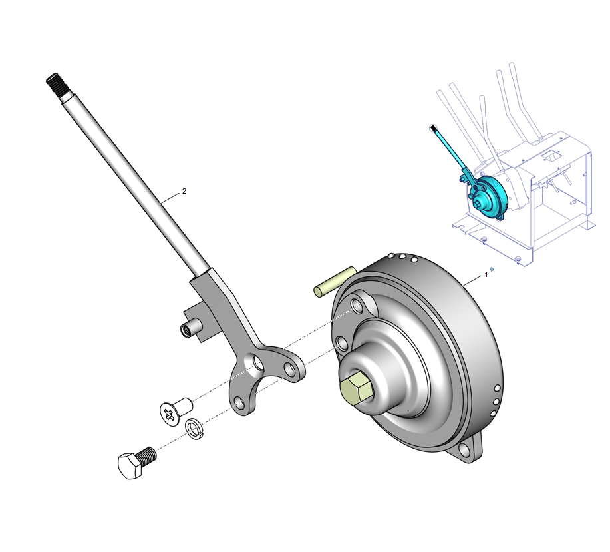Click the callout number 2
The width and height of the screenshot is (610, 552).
(x=184, y=191)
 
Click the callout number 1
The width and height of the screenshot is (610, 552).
(x=486, y=275)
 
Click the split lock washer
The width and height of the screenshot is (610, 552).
(x=194, y=429)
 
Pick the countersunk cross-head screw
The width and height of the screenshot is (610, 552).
(x=176, y=410)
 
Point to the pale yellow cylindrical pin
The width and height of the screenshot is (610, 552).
(x=335, y=282)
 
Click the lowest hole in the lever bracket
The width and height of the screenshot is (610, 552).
(x=240, y=404)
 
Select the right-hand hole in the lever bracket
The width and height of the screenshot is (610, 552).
(x=289, y=368)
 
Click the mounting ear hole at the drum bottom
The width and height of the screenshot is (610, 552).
(x=464, y=450)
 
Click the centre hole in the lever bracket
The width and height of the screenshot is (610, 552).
(x=257, y=363)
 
